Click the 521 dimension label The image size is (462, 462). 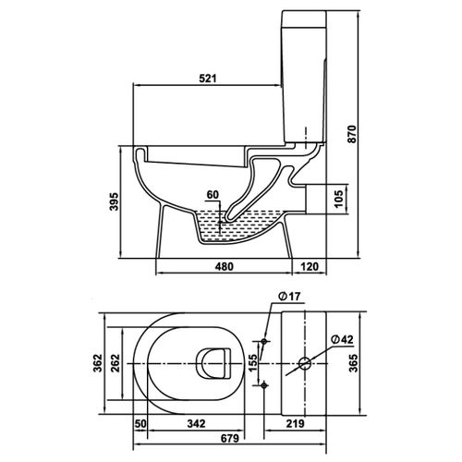coord(208,79)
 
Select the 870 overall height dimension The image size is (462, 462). coord(351,134)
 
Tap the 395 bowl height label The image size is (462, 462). coord(114,201)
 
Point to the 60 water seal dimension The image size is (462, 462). coord(213,195)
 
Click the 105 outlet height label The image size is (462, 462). coord(338,200)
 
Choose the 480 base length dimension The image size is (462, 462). coord(225,266)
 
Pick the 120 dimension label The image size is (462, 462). coord(309,266)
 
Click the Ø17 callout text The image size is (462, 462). coord(288,297)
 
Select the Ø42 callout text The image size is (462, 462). coord(342,339)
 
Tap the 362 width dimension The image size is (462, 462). coord(98,363)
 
